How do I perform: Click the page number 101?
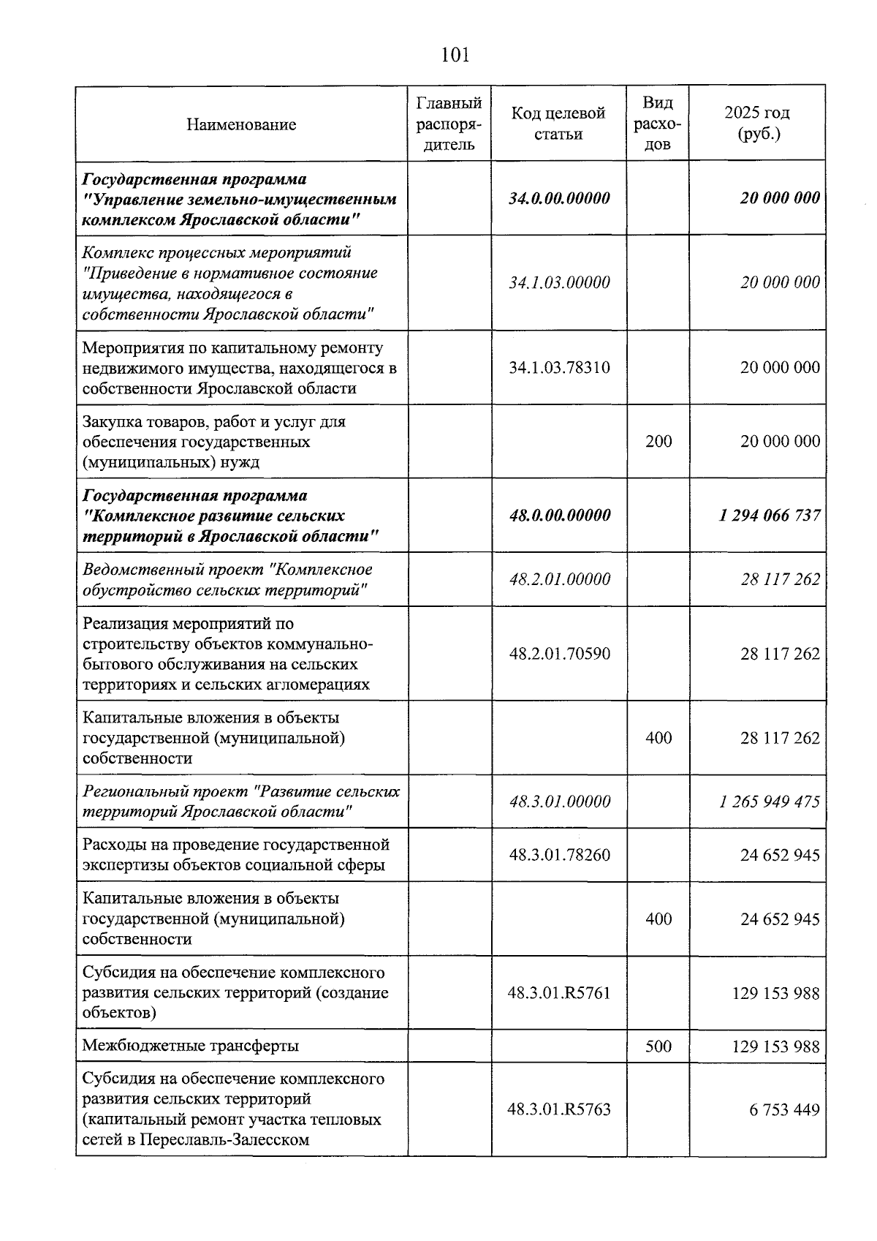coord(455,55)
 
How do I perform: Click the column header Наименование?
coord(241,124)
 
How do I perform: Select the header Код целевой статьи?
coord(558,124)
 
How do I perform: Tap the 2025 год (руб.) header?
coord(757,124)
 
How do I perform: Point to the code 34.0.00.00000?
coord(559,198)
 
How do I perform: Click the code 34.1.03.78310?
coord(559,368)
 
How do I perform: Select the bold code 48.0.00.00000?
coord(559,516)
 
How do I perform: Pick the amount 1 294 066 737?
coord(770,516)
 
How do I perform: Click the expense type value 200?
coord(658,442)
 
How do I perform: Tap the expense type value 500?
coord(658,1046)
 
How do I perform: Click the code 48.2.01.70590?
coord(559,654)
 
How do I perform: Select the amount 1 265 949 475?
coord(770,802)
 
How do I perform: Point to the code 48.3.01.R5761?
coord(559,993)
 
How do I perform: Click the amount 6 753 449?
coord(783,1110)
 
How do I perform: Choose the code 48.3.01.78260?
coord(559,855)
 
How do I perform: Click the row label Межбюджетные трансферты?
coord(191,1046)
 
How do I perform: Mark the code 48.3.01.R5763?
coord(559,1110)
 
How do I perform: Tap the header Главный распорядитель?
coord(449,124)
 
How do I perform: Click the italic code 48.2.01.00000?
coord(559,580)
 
